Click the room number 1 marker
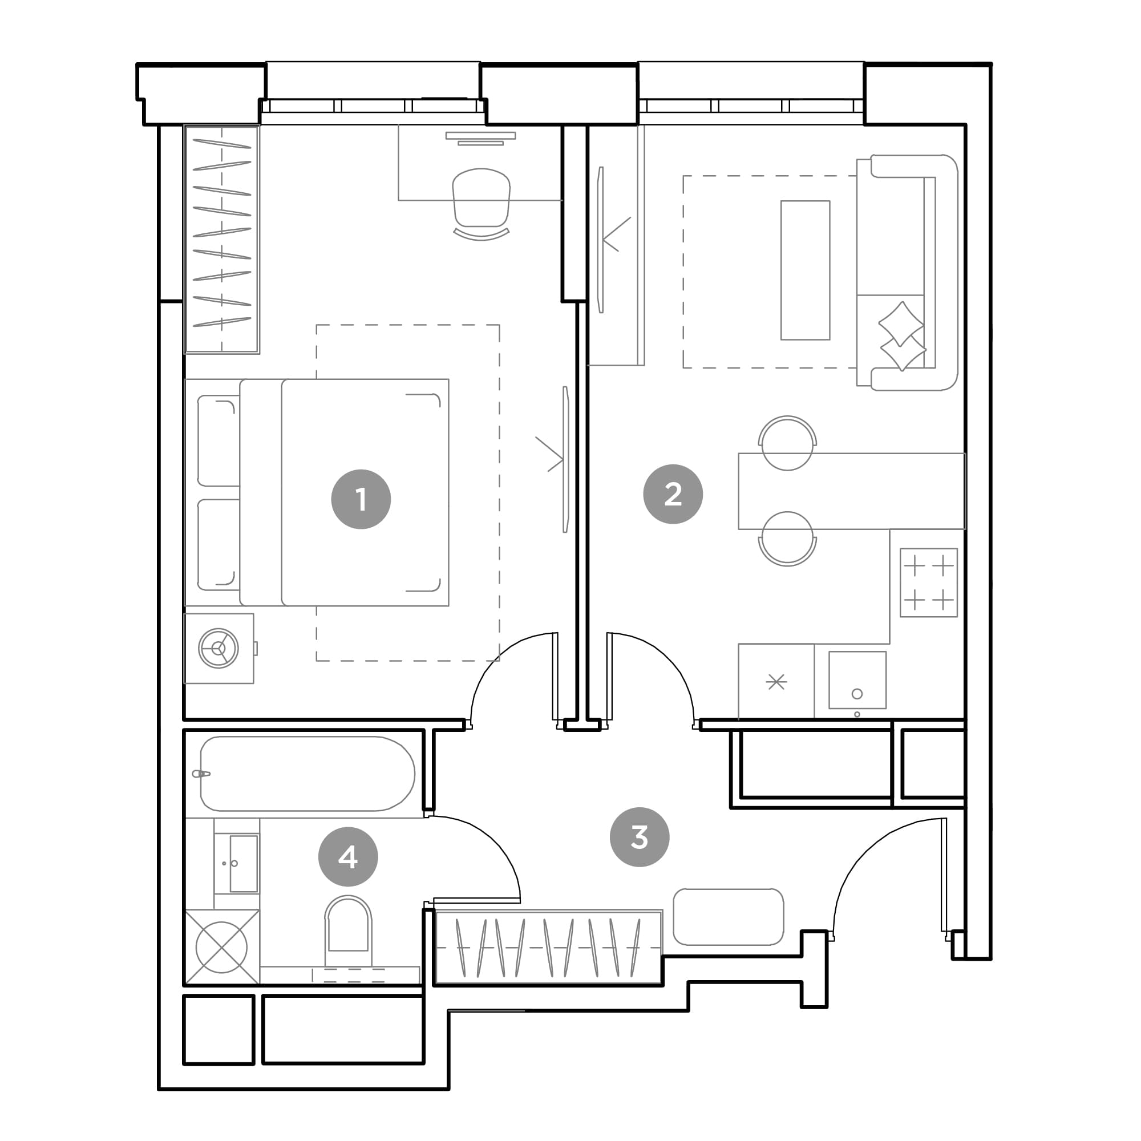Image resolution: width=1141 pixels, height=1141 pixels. (361, 499)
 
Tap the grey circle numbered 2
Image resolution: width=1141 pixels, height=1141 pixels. (673, 493)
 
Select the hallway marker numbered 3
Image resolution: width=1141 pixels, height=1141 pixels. (640, 837)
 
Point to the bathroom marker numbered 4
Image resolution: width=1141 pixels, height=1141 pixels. (348, 856)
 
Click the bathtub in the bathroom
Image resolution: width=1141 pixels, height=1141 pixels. (307, 774)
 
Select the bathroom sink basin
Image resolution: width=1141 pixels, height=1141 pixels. (244, 863)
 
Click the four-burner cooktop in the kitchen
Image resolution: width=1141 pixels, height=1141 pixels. (928, 583)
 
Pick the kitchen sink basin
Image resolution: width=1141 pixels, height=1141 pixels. (857, 680)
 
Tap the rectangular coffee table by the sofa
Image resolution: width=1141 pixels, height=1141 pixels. (805, 270)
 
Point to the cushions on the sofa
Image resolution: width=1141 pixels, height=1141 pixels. (902, 336)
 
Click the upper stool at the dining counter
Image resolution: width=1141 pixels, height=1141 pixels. (787, 443)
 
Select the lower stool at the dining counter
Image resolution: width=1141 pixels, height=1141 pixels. (787, 539)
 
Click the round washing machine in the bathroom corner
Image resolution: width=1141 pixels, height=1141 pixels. (221, 947)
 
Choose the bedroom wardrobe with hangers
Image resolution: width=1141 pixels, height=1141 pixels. (222, 239)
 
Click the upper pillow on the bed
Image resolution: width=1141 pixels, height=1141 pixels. (218, 441)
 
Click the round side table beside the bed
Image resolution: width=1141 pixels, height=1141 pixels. (219, 648)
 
